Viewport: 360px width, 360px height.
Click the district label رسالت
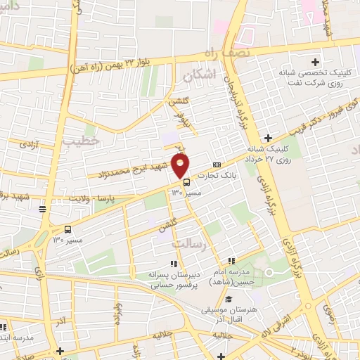click(x=188, y=243)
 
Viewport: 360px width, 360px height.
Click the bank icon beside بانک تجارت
click(x=216, y=165)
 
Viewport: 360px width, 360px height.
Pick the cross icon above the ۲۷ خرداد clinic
click(x=268, y=138)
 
